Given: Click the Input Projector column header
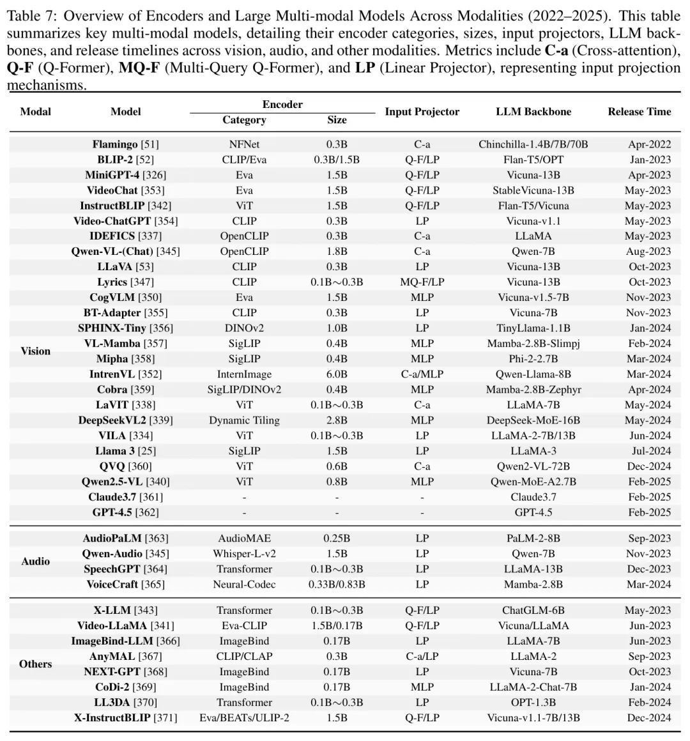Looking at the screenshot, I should (x=422, y=112).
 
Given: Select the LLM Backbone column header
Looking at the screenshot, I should (x=533, y=112).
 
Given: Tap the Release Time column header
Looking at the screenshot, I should (x=639, y=112).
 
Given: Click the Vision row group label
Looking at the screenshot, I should (x=36, y=351).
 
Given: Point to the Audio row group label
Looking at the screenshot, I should (x=36, y=561).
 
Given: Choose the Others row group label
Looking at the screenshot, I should (x=36, y=664).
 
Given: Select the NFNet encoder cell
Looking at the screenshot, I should (x=244, y=144).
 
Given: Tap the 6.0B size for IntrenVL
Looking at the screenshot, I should (x=337, y=374).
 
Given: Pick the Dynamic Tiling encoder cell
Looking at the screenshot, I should (x=244, y=420).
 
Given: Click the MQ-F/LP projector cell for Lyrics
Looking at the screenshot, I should (x=422, y=282).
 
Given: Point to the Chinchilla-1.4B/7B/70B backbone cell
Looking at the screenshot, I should (x=533, y=144).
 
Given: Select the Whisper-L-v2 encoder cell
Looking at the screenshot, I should (x=244, y=554).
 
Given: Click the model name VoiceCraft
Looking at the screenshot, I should (x=117, y=584).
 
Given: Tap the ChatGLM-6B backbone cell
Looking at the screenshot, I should (x=533, y=611).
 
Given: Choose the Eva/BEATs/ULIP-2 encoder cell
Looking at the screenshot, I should (x=244, y=718).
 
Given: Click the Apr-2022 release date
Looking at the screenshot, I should (x=649, y=144).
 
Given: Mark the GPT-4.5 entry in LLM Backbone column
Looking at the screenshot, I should (x=533, y=512).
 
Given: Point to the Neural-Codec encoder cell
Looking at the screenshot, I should (x=244, y=584).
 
